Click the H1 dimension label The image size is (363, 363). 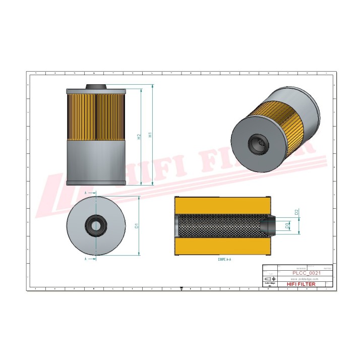pos(149,135)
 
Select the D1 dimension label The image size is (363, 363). pos(137,226)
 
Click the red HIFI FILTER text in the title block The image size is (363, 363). pos(301,284)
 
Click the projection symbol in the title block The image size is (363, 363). pos(270,279)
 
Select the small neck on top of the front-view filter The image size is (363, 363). pos(95,87)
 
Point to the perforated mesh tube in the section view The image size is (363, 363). pos(219,226)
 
